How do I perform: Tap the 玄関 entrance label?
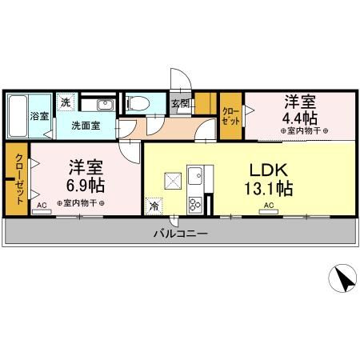[179, 102]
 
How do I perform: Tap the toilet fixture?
[138, 102]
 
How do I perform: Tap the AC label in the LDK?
[269, 206]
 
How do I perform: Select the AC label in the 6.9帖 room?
[40, 206]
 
